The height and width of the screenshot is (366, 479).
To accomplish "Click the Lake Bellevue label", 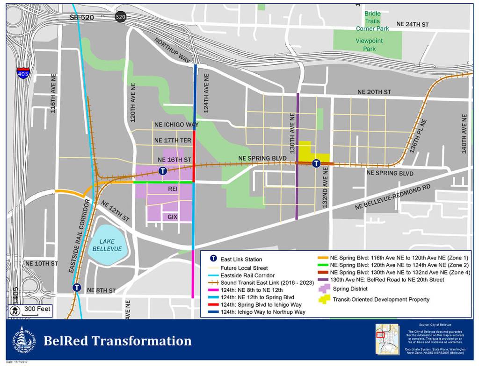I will pos(110,246).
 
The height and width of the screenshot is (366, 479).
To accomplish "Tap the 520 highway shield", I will pos(121,17).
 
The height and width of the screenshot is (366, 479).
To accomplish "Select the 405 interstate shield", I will pos(22,73).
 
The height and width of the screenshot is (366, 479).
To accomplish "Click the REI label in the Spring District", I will pos(174,189).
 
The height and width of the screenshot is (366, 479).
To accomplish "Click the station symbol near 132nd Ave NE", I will pos(316,163).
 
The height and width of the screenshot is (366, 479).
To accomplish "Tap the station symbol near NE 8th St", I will pos(77,288).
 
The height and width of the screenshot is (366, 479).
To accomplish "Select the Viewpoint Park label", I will pos(369,45).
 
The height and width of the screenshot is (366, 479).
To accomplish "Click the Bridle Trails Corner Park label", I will pos(372,21).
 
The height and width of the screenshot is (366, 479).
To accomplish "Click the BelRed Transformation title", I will pos(117,341).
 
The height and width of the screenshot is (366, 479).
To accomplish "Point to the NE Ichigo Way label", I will pos(176,125).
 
